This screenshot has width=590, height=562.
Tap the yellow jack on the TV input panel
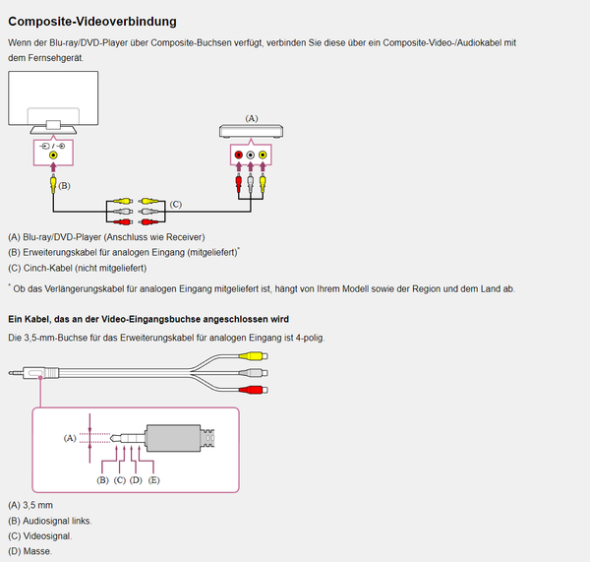[x=54, y=155]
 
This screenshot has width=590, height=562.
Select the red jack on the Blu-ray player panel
[x=238, y=156]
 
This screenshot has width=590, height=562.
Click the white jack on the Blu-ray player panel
[x=250, y=156]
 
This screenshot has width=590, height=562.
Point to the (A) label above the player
[x=251, y=118]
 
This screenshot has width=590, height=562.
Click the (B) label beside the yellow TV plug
[x=64, y=185]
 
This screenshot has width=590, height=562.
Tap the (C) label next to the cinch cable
[x=176, y=205]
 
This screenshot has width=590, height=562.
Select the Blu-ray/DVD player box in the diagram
[x=250, y=132]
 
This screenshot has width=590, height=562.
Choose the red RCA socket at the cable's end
[x=256, y=391]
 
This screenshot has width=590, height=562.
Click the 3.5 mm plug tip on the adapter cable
[x=13, y=372]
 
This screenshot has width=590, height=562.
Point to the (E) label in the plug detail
[x=153, y=480]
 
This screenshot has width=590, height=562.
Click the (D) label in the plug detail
[x=136, y=480]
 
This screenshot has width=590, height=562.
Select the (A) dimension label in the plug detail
[x=70, y=437]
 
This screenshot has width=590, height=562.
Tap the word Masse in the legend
[x=38, y=551]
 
